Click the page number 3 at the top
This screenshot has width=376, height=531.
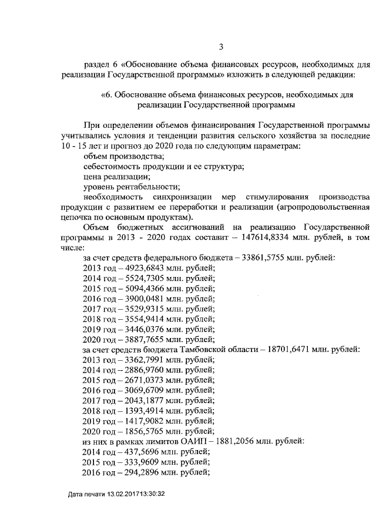pyautogui.click(x=221, y=48)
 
